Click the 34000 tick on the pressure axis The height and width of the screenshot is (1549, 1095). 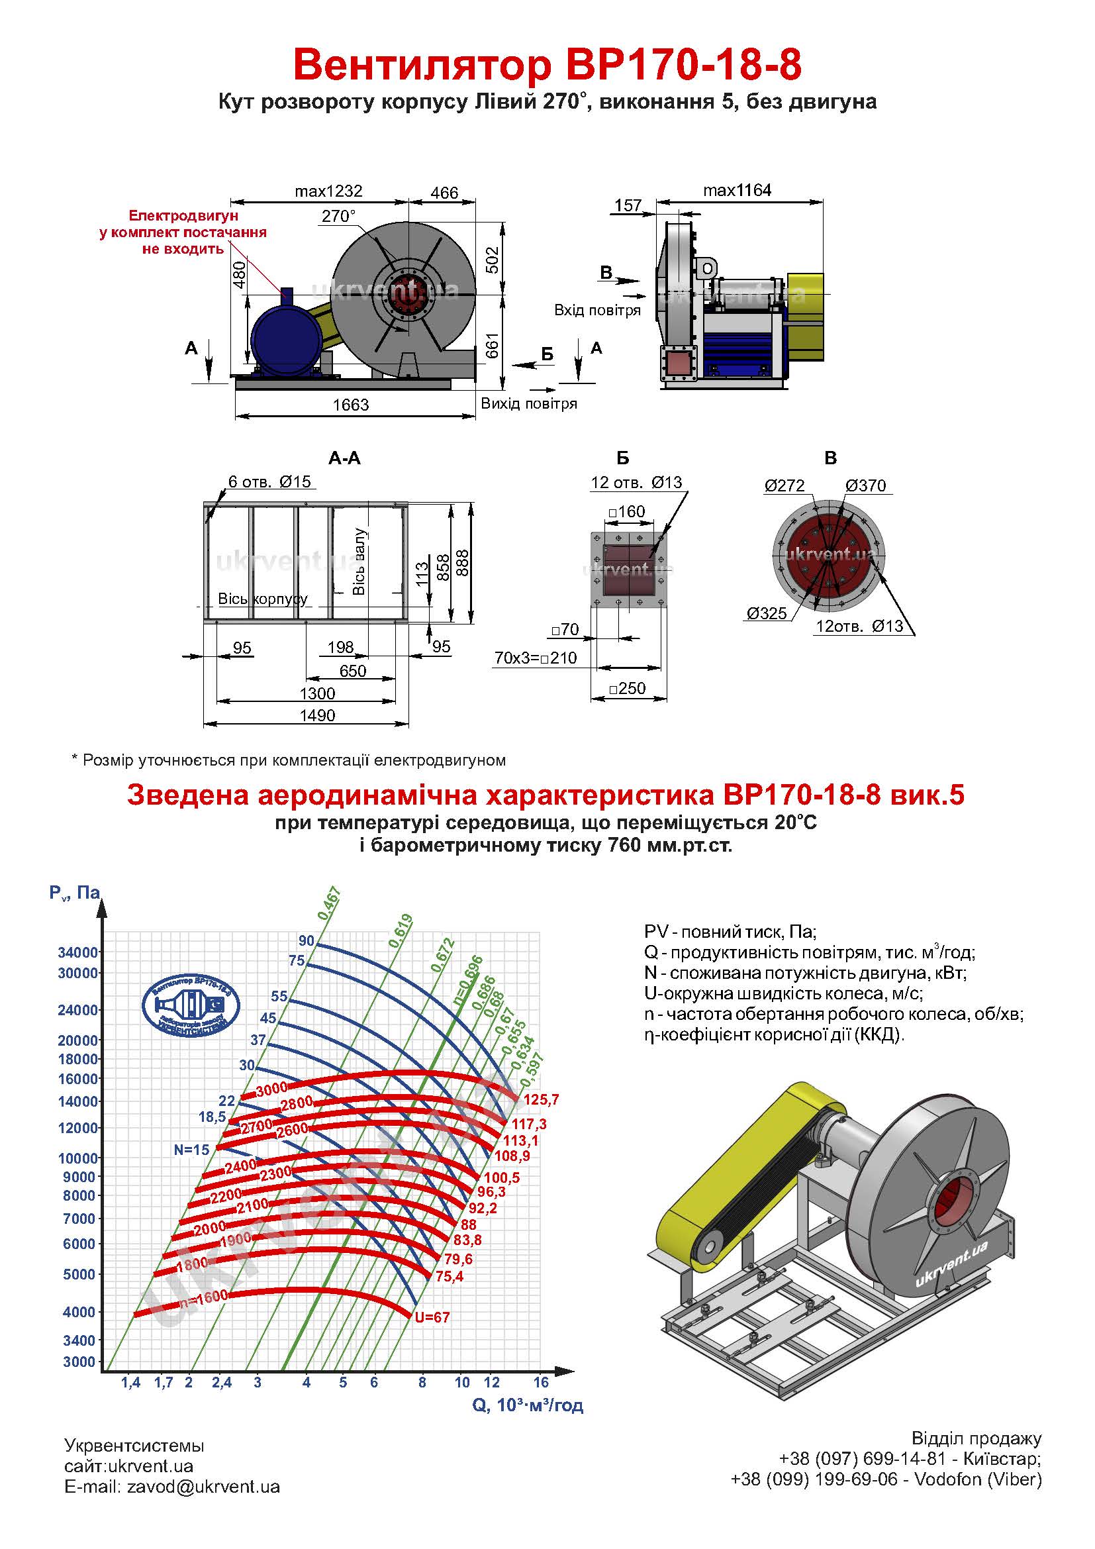point(79,952)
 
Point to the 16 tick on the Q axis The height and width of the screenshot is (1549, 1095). point(541,1382)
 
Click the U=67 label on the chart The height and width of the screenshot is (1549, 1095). point(432,1317)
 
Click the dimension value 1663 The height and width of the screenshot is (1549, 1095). point(351,405)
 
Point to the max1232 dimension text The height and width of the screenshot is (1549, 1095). point(328,191)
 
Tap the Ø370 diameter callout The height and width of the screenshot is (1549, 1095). point(865,485)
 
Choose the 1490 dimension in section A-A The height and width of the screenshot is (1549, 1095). point(317,715)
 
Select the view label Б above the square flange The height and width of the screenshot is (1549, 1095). point(622,459)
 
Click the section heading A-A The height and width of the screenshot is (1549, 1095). point(344,459)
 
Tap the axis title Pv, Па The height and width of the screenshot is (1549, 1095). point(74,893)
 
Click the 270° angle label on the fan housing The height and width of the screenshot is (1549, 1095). point(338,216)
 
